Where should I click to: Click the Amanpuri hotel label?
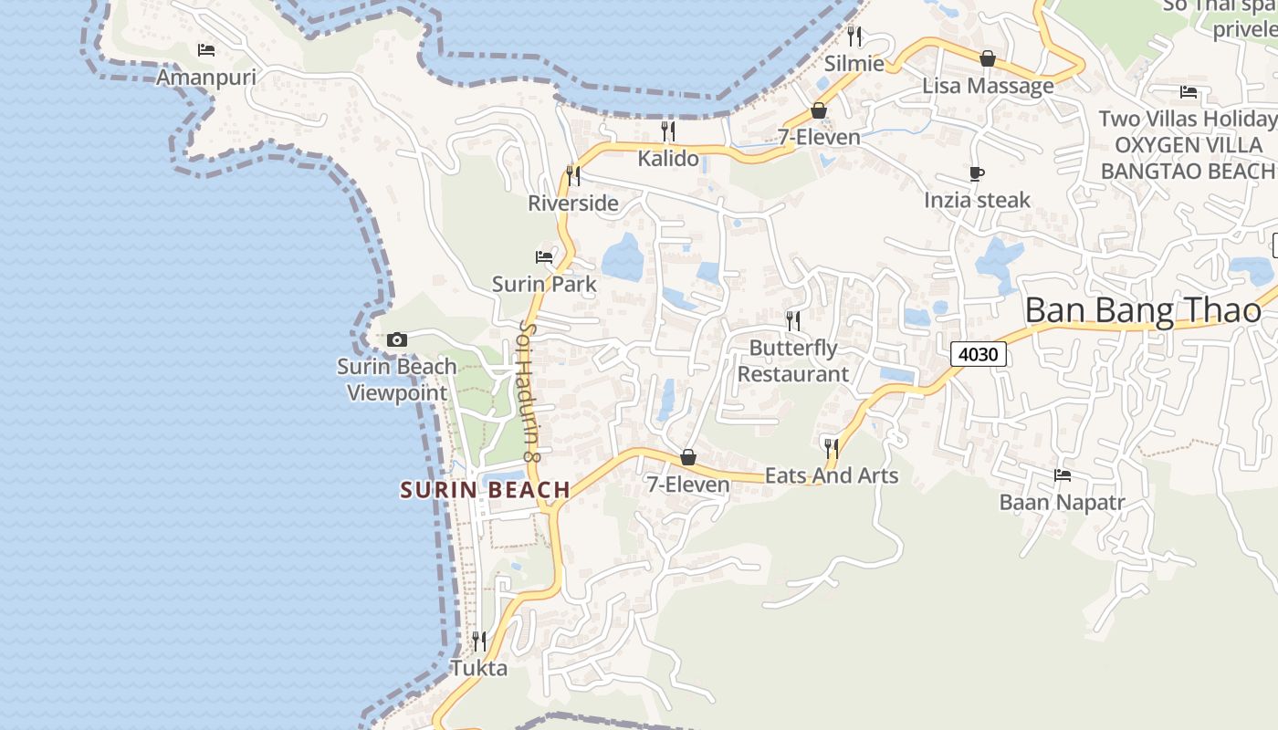[206, 77]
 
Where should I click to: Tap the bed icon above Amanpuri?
[206, 49]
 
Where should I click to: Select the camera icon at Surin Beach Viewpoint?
[396, 339]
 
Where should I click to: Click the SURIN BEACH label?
[485, 490]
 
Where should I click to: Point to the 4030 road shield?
[978, 353]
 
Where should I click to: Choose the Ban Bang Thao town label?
[1143, 310]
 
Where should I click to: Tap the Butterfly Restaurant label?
[792, 360]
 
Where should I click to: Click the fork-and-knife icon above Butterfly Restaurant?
[792, 320]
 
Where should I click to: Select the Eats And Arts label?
[831, 475]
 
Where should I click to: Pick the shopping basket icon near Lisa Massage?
[987, 58]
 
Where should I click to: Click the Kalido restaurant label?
[668, 159]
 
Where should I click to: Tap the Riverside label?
[573, 203]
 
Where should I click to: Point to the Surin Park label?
[544, 284]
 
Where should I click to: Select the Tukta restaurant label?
[479, 668]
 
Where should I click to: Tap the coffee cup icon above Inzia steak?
[977, 173]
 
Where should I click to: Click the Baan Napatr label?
[1062, 502]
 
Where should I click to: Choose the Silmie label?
[854, 64]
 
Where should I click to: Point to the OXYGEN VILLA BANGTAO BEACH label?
[1188, 158]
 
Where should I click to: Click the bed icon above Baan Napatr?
[1062, 474]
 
